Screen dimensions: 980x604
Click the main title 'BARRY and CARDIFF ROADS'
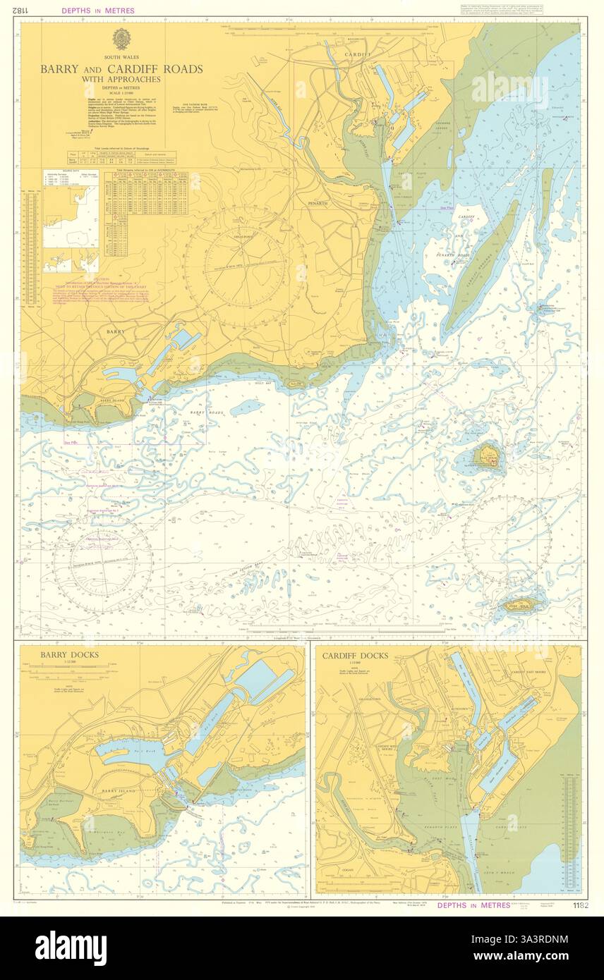pyautogui.click(x=121, y=69)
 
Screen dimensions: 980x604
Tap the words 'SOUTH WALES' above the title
pyautogui.click(x=121, y=56)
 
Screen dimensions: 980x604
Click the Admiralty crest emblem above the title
pyautogui.click(x=121, y=38)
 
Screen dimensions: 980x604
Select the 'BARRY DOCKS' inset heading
pyautogui.click(x=69, y=655)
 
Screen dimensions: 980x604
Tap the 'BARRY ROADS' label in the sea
pyautogui.click(x=206, y=412)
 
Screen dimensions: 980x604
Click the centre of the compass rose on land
pyautogui.click(x=244, y=265)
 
